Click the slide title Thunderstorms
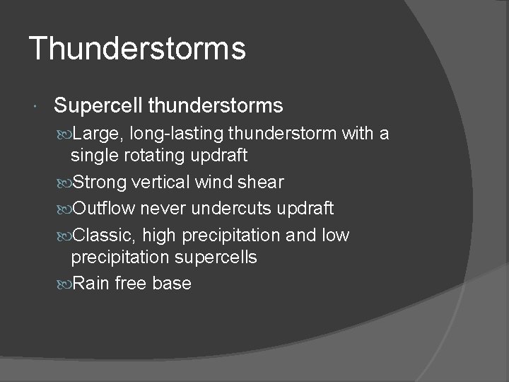click(x=137, y=49)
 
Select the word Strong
click(x=100, y=183)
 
